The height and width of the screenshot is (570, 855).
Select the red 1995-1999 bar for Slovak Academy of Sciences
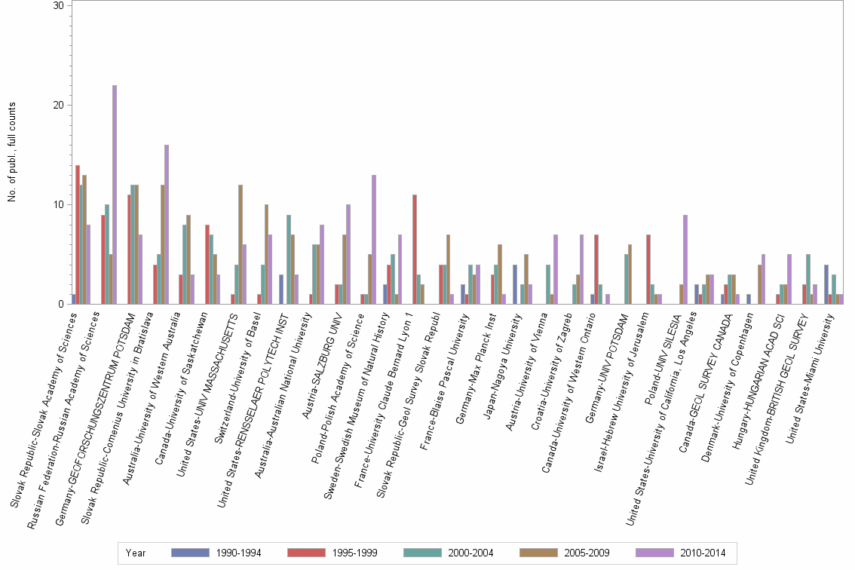tap(78, 234)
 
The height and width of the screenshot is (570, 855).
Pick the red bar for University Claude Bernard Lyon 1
tap(415, 250)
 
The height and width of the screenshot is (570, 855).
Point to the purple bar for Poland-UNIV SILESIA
tap(685, 259)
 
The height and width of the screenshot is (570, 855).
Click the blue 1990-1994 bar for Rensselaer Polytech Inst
tap(281, 290)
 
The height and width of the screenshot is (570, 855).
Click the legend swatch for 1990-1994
tap(188, 553)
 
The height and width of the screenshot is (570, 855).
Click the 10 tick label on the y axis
tap(59, 204)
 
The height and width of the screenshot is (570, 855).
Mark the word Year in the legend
tap(136, 553)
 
